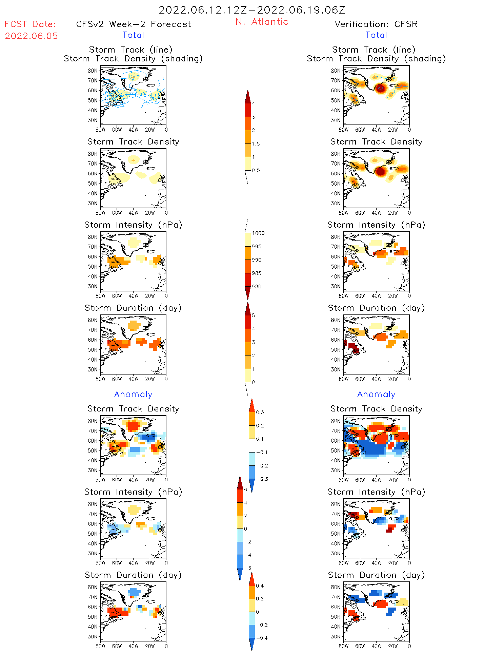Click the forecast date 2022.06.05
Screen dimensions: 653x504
click(31, 36)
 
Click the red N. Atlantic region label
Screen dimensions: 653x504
click(262, 22)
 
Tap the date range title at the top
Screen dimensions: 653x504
click(252, 10)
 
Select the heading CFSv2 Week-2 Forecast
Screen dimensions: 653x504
click(133, 24)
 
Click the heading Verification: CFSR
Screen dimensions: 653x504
click(376, 24)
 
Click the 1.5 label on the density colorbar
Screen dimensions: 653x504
click(256, 143)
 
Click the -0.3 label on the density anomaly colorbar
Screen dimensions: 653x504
click(262, 479)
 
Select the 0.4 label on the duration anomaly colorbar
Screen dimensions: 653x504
click(260, 585)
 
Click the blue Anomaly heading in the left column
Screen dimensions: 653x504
click(133, 394)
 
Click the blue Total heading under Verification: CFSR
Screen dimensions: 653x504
click(376, 35)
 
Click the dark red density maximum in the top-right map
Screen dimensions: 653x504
click(381, 88)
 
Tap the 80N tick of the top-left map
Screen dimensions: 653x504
click(93, 71)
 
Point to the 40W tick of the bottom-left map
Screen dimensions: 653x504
click(133, 646)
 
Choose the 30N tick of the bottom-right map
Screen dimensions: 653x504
click(336, 636)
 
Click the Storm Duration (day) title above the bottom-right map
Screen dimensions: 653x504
click(376, 575)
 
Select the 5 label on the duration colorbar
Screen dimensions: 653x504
click(254, 315)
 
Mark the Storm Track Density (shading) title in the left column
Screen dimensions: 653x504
click(133, 59)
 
